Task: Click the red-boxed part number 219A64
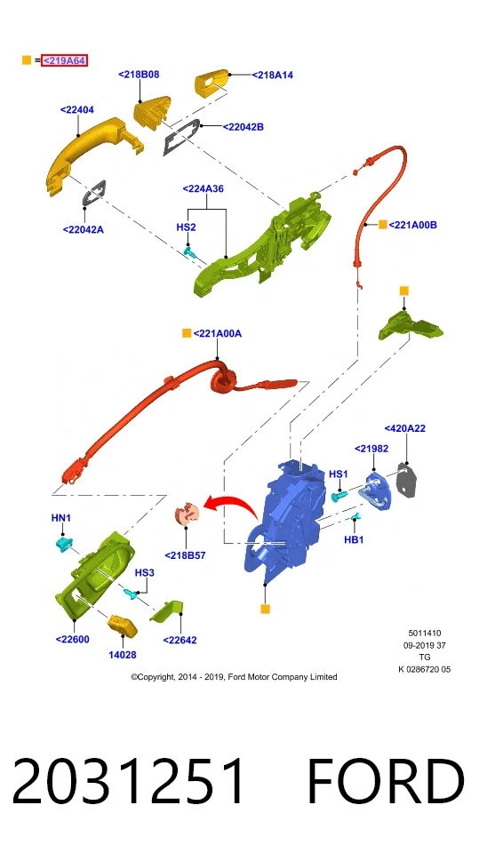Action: [64, 60]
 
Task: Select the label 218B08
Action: [139, 75]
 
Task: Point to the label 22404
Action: [76, 110]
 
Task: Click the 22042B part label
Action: [243, 127]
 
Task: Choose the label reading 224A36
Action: [203, 188]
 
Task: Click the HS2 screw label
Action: [186, 227]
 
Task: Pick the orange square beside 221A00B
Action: [383, 224]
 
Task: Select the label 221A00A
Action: [217, 333]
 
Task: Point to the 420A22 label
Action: [405, 428]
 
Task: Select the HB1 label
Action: [354, 539]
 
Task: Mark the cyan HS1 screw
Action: [339, 496]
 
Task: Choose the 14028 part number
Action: [123, 655]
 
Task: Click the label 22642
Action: [180, 641]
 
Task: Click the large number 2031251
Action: [129, 782]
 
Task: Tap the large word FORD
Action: [386, 782]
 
